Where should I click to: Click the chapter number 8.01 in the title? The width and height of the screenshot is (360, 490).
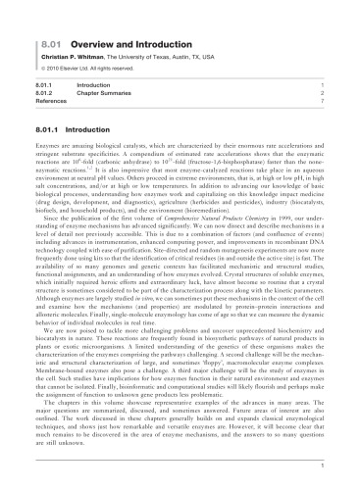(x=43, y=17)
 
